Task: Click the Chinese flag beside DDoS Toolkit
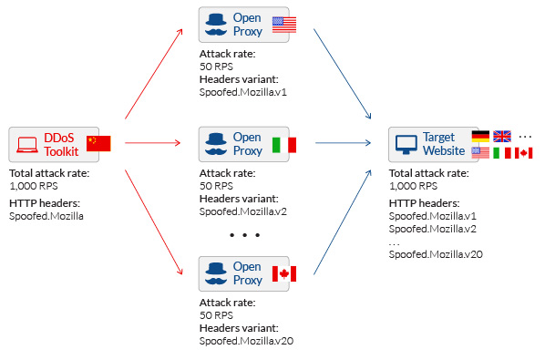pos(98,143)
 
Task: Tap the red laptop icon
pos(27,145)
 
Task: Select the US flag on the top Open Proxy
pos(284,25)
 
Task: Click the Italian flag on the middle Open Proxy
pos(284,145)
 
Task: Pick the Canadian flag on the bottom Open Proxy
pos(284,273)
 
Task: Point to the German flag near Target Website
pos(480,136)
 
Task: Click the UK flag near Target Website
pos(502,136)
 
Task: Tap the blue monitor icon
pos(406,145)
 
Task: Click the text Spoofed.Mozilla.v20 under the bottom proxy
pos(246,341)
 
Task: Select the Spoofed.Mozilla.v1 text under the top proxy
pos(243,92)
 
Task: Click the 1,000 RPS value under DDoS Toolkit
pos(34,186)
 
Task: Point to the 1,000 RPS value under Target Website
pos(413,186)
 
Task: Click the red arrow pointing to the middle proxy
pos(152,143)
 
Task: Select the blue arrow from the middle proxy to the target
pos(343,143)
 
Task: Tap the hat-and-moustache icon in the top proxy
pos(216,25)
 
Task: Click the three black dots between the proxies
pos(244,235)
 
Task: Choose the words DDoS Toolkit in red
pos(61,145)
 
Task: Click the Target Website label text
pos(444,144)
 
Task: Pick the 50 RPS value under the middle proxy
pos(216,186)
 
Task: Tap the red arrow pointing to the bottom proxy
pos(154,222)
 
